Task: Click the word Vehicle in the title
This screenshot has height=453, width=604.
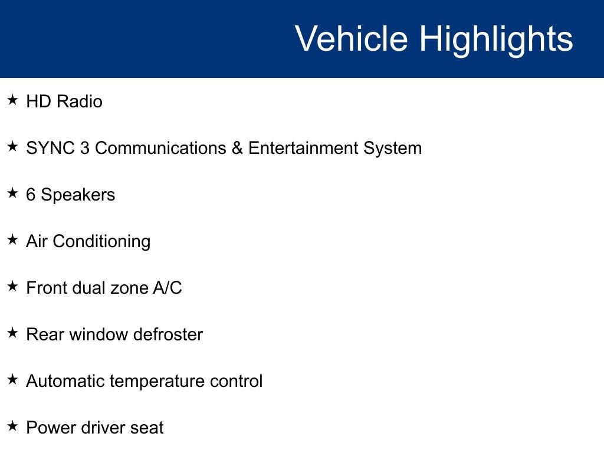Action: click(x=351, y=39)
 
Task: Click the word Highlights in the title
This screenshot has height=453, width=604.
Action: click(x=496, y=39)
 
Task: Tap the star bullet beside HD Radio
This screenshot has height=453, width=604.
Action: click(x=13, y=100)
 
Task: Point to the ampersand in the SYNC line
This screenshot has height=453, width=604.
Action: click(x=237, y=148)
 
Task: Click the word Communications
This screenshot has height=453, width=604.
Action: click(x=160, y=148)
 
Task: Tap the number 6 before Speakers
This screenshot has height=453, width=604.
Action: click(x=31, y=195)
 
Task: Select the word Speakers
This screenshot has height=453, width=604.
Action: click(x=78, y=195)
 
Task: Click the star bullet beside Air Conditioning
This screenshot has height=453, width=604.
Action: click(x=13, y=240)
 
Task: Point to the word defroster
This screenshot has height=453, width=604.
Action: click(x=168, y=334)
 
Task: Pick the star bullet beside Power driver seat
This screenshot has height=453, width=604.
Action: click(x=13, y=426)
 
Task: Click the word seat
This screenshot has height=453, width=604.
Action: click(x=147, y=428)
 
